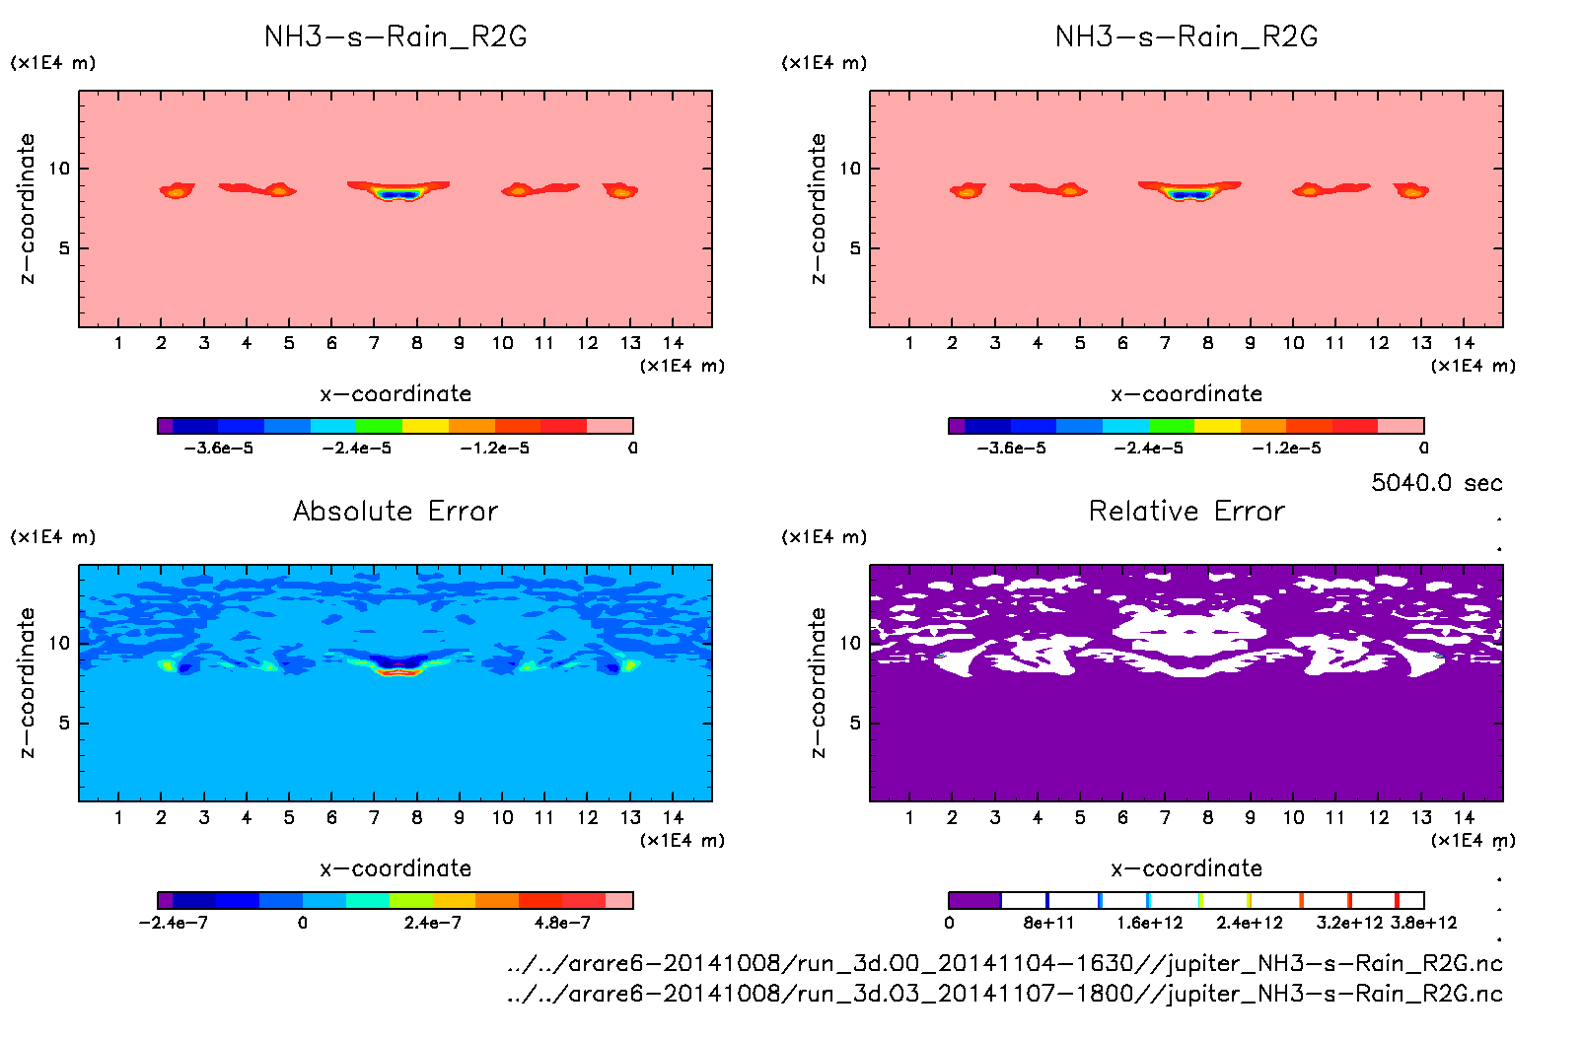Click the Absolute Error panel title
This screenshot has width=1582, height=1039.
point(395,512)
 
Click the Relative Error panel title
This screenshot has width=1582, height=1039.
point(1186,512)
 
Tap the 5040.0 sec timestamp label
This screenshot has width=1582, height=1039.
point(1436,483)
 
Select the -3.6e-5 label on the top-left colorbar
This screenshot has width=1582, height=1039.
point(219,449)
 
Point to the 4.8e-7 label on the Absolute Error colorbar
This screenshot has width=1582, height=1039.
point(562,924)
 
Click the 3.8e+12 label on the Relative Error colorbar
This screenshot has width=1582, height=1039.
point(1423,924)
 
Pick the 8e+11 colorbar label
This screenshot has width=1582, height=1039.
point(1048,924)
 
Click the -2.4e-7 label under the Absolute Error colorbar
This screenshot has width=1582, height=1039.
point(174,924)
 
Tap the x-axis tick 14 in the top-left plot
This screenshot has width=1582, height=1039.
point(673,343)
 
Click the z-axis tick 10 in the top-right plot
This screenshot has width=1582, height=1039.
point(850,169)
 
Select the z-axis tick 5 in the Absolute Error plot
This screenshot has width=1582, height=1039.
point(64,724)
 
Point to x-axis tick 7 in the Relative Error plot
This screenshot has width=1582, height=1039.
point(1165,817)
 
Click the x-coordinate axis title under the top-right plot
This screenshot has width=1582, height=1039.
point(1186,394)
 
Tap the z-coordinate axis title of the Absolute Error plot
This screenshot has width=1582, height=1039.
point(27,682)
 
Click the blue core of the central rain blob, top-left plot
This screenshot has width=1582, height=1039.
point(397,195)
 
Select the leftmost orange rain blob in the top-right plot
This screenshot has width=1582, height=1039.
point(967,191)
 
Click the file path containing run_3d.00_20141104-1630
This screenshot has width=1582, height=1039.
point(1004,963)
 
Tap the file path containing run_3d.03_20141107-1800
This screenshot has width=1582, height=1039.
point(1004,994)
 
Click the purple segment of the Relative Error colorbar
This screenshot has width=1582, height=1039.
point(974,900)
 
